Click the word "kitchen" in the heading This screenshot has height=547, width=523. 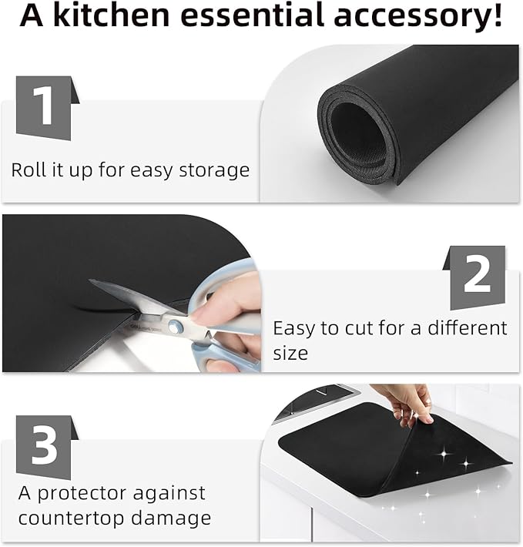pyautogui.click(x=111, y=15)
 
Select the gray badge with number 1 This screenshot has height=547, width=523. pyautogui.click(x=48, y=108)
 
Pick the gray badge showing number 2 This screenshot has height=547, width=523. pyautogui.click(x=474, y=277)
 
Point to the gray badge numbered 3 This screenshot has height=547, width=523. pyautogui.click(x=48, y=447)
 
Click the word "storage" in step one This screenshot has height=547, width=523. pyautogui.click(x=214, y=170)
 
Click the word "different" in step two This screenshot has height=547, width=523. pyautogui.click(x=468, y=328)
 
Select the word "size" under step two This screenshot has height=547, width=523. pyautogui.click(x=290, y=353)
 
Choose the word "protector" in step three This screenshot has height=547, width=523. pyautogui.click(x=82, y=494)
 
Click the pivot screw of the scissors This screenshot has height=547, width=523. pyautogui.click(x=175, y=327)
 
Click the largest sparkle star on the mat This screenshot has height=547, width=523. pyautogui.click(x=444, y=454)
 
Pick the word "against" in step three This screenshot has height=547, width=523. pyautogui.click(x=169, y=494)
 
